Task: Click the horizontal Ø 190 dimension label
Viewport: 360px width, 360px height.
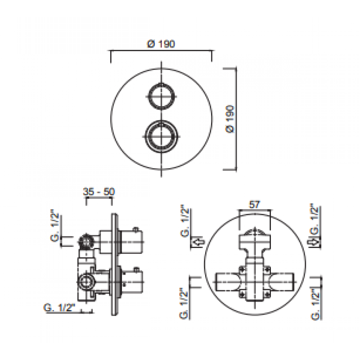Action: pyautogui.click(x=161, y=44)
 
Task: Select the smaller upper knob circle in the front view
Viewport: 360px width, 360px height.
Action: pyautogui.click(x=160, y=96)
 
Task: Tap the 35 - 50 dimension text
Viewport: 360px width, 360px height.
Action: pyautogui.click(x=99, y=191)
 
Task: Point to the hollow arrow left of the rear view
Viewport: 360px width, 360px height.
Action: pyautogui.click(x=197, y=243)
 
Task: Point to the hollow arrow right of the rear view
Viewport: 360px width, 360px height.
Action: pyautogui.click(x=315, y=243)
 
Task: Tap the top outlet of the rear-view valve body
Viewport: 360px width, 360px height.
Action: pyautogui.click(x=255, y=236)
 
